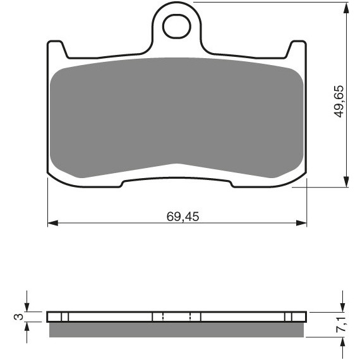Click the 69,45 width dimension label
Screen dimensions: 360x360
[x=183, y=217]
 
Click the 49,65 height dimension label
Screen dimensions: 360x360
[x=339, y=102]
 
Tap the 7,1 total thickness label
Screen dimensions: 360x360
[x=342, y=325]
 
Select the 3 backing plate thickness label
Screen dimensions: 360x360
[x=19, y=316]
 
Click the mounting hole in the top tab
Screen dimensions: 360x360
[x=177, y=26]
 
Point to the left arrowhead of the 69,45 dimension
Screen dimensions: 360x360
[x=52, y=223]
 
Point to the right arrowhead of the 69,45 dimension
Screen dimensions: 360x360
[x=301, y=223]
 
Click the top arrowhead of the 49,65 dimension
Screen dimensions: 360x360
[x=346, y=8]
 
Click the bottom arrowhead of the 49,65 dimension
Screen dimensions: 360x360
[x=346, y=182]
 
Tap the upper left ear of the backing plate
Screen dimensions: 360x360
[x=57, y=49]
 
